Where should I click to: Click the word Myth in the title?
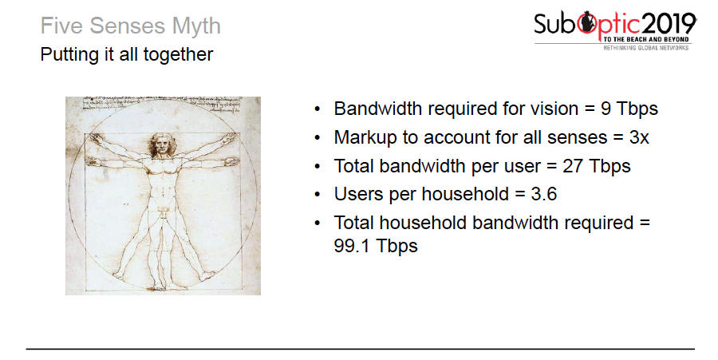[196, 26]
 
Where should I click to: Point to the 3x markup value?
[639, 137]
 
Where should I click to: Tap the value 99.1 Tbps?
[375, 245]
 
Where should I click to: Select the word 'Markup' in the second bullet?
[365, 137]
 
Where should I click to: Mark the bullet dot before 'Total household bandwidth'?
[318, 224]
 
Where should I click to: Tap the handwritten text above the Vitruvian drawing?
[160, 101]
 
